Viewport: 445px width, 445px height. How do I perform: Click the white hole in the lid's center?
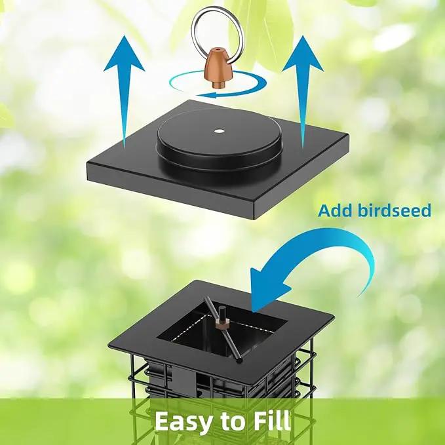(219, 131)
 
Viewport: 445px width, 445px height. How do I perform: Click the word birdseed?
(394, 211)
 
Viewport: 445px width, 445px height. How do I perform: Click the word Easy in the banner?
(184, 422)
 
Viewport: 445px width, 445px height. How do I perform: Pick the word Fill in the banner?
(272, 420)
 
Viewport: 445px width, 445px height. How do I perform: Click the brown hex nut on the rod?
(222, 323)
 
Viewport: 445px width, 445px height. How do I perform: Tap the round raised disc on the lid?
(219, 140)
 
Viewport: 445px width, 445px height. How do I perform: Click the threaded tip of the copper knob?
(218, 85)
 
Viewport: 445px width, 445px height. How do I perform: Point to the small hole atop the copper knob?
(218, 49)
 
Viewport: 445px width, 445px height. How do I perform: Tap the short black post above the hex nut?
(222, 312)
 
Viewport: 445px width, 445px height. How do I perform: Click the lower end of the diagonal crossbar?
(240, 360)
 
